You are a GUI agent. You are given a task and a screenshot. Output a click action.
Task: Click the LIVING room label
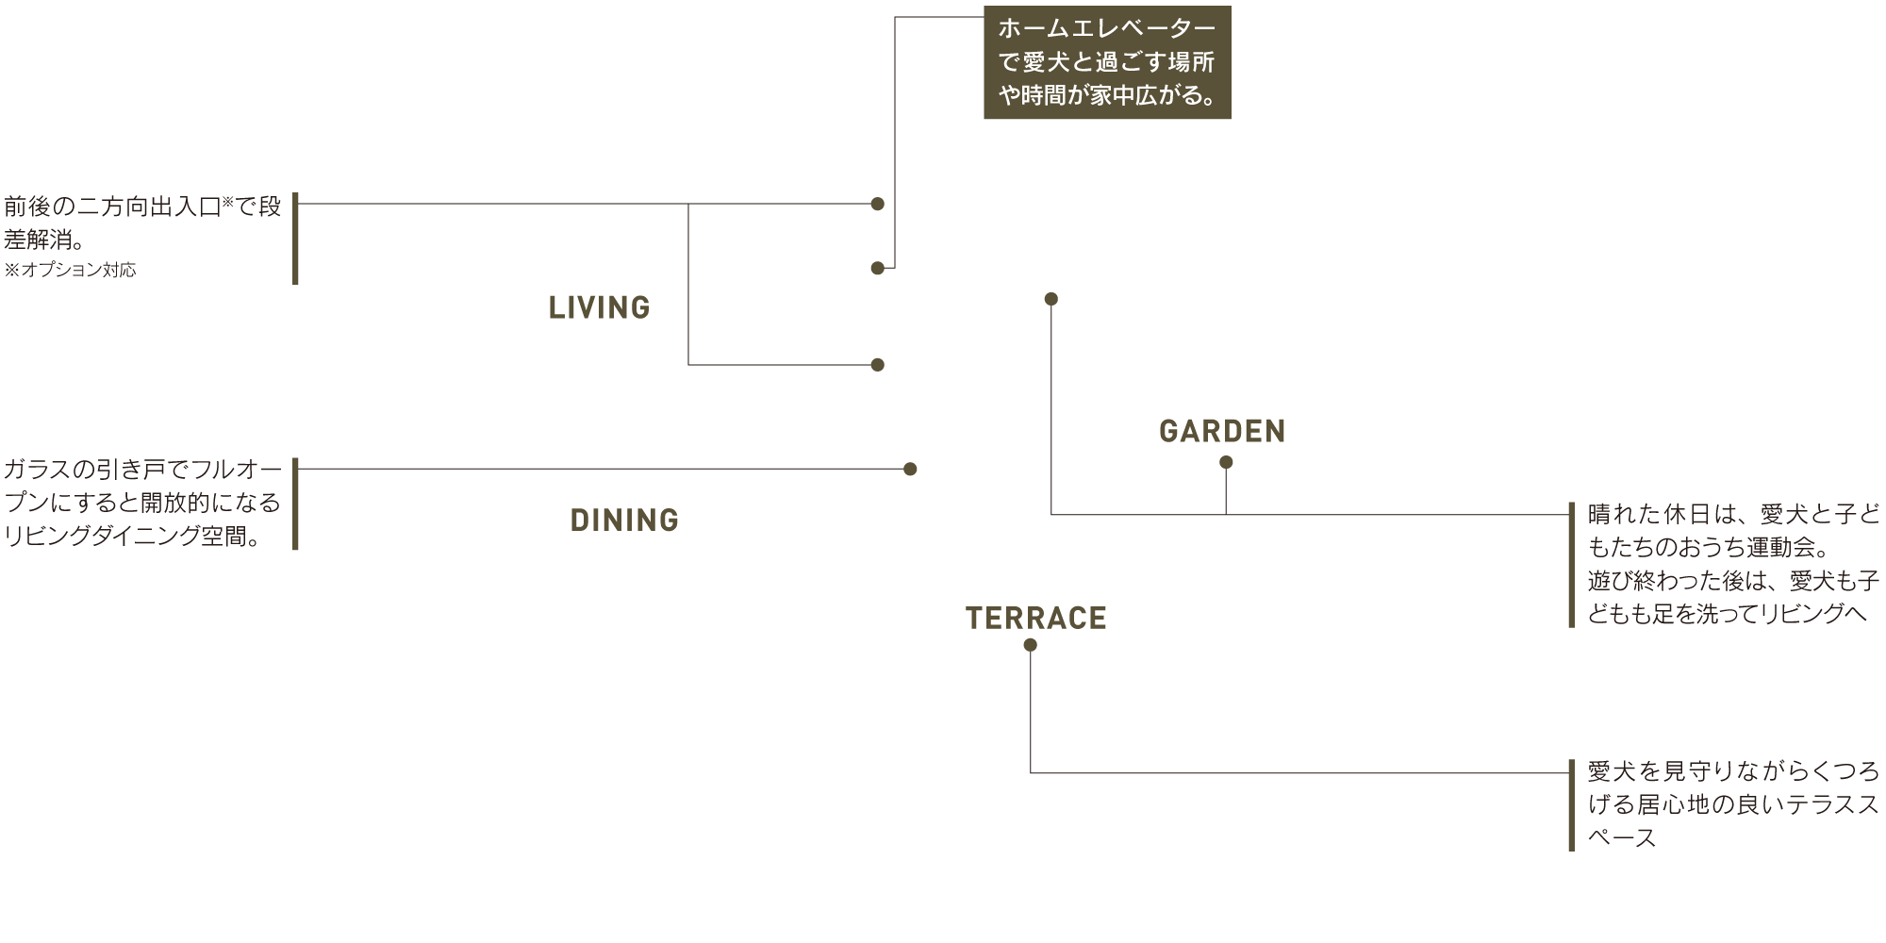(599, 307)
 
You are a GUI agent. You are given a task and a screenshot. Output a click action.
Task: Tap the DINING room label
(624, 521)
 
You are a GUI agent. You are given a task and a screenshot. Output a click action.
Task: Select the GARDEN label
(1222, 432)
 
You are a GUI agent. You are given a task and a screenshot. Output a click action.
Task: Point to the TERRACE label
(1035, 619)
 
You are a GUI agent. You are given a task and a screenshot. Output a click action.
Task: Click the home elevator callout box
(1106, 64)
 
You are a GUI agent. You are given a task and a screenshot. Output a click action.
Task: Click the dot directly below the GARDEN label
(1226, 462)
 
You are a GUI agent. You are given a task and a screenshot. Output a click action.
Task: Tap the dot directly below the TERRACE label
(1030, 645)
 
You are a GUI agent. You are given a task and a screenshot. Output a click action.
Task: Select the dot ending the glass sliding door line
(910, 469)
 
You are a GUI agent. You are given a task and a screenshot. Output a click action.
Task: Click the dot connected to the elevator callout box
(877, 269)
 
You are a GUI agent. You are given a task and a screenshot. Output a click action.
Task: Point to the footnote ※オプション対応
(70, 271)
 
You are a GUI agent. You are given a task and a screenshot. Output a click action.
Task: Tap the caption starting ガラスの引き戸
(141, 469)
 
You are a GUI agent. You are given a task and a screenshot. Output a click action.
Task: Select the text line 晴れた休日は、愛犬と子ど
(1733, 515)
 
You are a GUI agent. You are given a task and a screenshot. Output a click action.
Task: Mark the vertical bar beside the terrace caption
(1571, 805)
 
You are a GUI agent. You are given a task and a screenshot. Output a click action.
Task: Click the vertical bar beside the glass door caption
(295, 504)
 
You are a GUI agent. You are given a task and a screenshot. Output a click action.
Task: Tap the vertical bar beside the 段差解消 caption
(295, 238)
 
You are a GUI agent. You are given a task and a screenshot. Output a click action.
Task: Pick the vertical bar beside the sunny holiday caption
(1571, 564)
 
